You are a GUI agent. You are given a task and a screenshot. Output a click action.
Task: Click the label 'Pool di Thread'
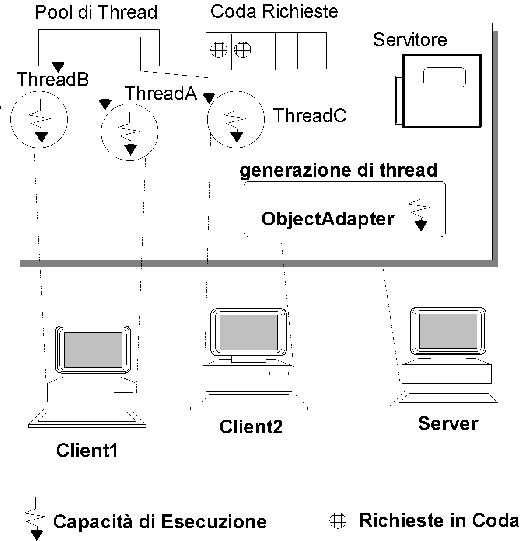point(96,12)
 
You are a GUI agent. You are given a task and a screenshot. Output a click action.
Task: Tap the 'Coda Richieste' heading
point(274,12)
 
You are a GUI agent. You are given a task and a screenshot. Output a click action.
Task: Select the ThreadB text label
point(52,80)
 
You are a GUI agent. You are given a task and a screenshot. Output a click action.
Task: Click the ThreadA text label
point(161,94)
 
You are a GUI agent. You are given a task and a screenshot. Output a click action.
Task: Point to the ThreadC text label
point(310,116)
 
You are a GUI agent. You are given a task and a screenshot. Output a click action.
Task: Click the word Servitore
point(410,40)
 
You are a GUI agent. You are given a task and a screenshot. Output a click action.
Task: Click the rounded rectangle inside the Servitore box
point(444,77)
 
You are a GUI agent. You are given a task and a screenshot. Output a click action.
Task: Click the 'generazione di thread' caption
point(338,170)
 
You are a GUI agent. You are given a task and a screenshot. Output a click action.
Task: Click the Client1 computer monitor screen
point(93,350)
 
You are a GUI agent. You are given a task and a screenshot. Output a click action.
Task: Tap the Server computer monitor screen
point(448,331)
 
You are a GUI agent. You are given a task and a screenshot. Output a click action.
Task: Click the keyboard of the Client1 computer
point(87,418)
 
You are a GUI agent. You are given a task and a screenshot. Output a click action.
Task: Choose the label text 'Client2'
point(251,427)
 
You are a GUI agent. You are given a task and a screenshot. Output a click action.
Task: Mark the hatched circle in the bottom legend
point(337,520)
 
